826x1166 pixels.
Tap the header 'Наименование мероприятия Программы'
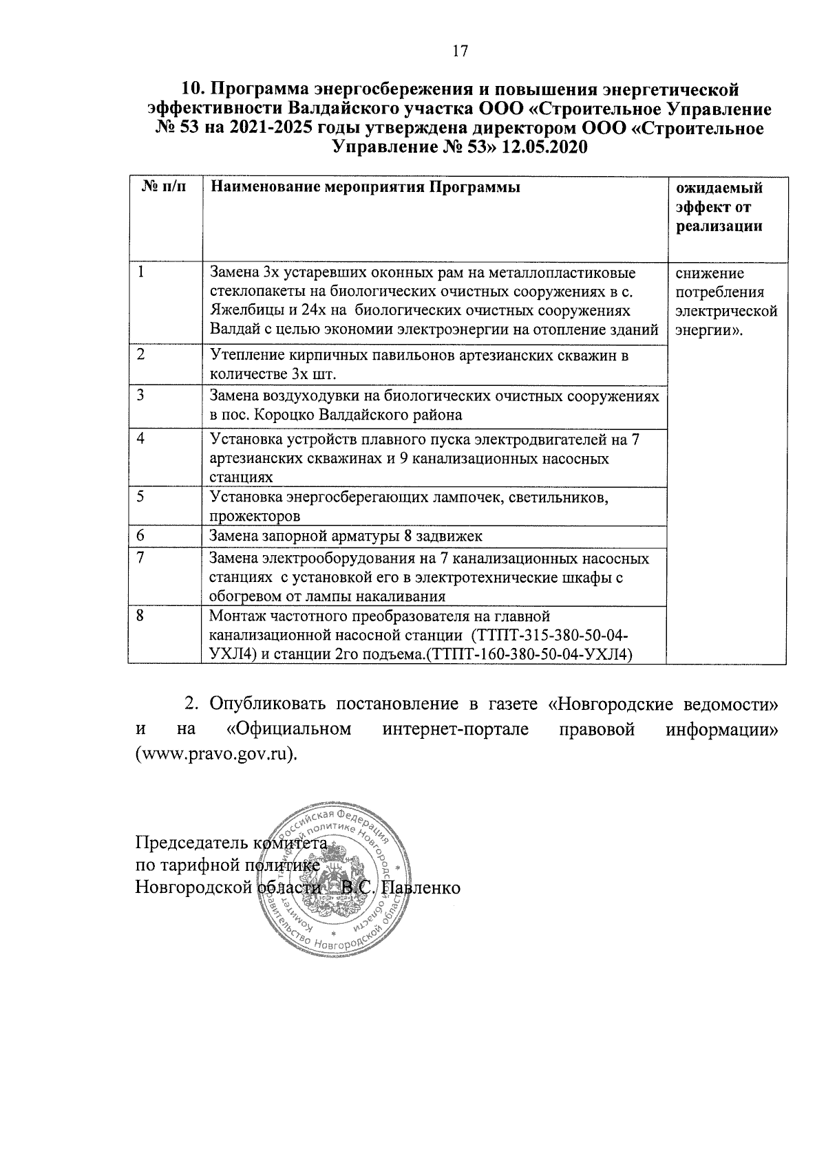pyautogui.click(x=365, y=187)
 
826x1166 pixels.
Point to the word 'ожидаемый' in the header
pyautogui.click(x=719, y=188)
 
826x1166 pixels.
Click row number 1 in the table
pyautogui.click(x=140, y=271)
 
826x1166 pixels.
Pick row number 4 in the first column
pyautogui.click(x=140, y=438)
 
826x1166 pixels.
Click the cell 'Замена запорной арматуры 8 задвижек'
pyautogui.click(x=346, y=536)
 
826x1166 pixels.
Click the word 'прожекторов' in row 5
pyautogui.click(x=255, y=515)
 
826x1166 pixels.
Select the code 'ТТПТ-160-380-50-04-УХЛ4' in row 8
pyautogui.click(x=529, y=653)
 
